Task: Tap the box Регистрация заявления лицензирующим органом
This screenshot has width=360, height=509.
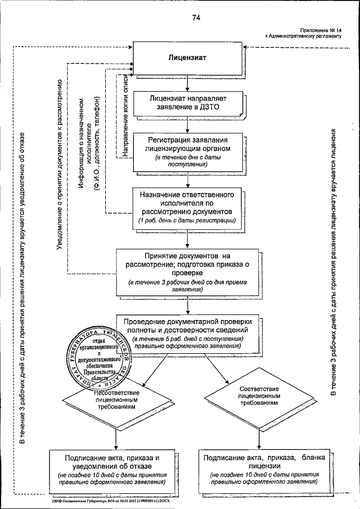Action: (x=186, y=151)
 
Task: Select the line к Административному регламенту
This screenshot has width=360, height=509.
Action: (x=304, y=35)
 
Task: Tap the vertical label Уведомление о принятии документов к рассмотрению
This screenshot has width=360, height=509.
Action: (x=60, y=163)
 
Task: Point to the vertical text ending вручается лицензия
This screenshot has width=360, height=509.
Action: (x=334, y=264)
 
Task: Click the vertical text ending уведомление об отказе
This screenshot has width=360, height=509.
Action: (x=22, y=287)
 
